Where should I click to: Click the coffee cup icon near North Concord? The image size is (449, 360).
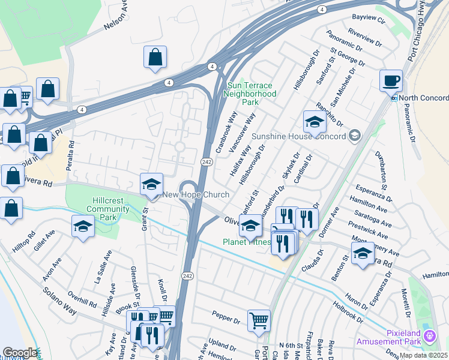point(391,80)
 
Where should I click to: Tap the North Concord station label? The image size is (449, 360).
point(423,98)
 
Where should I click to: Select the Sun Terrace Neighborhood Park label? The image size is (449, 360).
point(250,94)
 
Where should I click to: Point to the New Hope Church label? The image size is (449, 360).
point(196,195)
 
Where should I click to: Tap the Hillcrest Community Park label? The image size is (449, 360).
point(99,209)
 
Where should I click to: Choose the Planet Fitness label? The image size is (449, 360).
point(246,242)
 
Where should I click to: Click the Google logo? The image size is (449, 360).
point(19,353)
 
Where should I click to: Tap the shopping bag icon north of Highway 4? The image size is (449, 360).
point(155,58)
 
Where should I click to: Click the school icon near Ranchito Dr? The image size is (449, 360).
point(314,122)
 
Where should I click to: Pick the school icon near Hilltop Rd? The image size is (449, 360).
point(82,226)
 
